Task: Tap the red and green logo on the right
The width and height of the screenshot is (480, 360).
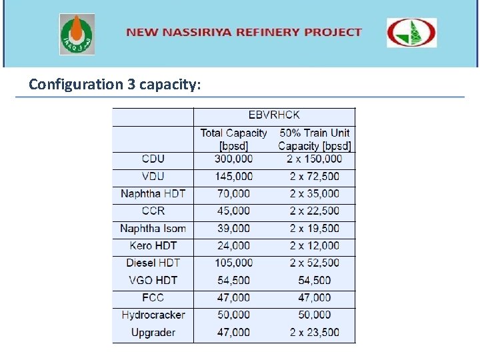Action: pos(412,33)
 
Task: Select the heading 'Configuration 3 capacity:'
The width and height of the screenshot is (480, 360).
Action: pos(114,85)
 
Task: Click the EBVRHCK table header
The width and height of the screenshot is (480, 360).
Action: pos(274,115)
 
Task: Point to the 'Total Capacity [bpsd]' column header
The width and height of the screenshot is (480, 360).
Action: pos(233,139)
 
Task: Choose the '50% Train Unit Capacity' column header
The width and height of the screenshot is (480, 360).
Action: pos(314,139)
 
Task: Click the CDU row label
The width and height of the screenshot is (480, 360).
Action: pos(153,159)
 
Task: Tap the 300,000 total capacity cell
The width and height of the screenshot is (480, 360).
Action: pos(233,159)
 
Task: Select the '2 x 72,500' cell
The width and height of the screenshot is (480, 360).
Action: pos(314,177)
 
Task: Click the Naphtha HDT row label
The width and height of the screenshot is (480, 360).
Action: pos(153,194)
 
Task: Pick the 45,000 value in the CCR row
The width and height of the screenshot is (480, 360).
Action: pos(233,211)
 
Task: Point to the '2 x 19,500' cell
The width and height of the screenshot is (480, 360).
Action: pos(314,228)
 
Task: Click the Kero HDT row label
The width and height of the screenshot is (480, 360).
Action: pos(153,245)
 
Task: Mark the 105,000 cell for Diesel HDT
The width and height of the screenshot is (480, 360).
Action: pos(233,263)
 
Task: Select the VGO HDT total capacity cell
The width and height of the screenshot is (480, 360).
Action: pos(233,280)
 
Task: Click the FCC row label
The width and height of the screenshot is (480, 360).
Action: pos(153,297)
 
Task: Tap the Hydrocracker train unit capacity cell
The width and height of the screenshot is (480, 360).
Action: pos(314,315)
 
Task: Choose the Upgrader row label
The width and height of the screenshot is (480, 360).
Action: pos(153,332)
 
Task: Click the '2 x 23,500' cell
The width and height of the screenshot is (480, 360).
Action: pos(314,332)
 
